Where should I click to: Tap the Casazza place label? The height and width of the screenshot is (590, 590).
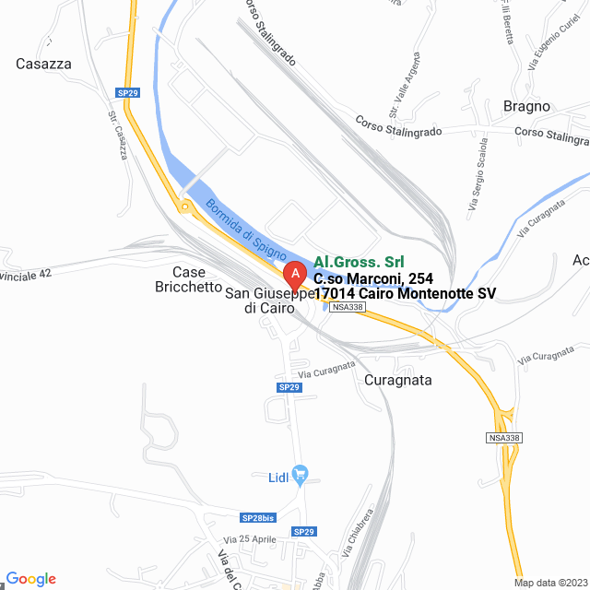click(43, 64)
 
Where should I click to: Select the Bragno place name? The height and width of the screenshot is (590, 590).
click(526, 106)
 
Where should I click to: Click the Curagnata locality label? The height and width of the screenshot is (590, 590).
click(398, 380)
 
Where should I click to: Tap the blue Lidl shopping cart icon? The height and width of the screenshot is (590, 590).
click(300, 475)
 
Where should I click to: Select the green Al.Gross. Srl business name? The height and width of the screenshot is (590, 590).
click(359, 262)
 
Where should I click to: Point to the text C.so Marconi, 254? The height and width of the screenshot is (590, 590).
click(373, 277)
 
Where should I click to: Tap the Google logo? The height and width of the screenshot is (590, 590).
click(31, 578)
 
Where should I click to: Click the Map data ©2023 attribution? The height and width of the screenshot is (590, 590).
click(549, 582)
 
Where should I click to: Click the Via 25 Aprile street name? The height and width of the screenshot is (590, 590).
click(249, 538)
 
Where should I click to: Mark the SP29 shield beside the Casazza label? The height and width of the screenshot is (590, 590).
click(127, 92)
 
